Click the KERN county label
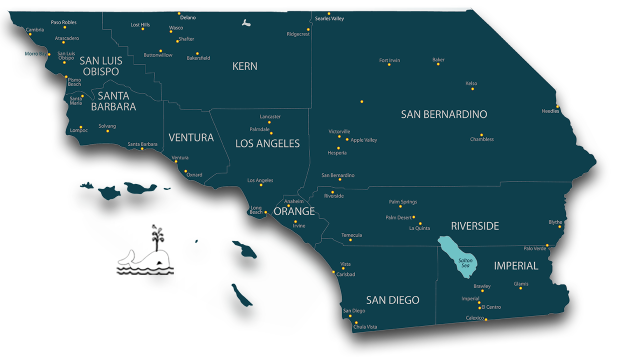point(245,66)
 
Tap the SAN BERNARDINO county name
point(444,114)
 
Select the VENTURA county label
point(191,137)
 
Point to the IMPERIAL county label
point(516,266)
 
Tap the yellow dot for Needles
point(557,106)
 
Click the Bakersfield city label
point(198,58)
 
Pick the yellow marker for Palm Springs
point(400,206)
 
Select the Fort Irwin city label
point(389,60)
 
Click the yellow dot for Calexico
point(486,319)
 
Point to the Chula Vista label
point(365,327)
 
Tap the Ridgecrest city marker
point(308,29)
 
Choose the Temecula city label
point(351,235)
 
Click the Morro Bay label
point(35,53)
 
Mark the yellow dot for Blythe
point(559,227)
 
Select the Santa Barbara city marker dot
point(142,149)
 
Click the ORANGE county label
point(294,211)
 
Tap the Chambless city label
point(482,139)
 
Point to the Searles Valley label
point(329,18)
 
